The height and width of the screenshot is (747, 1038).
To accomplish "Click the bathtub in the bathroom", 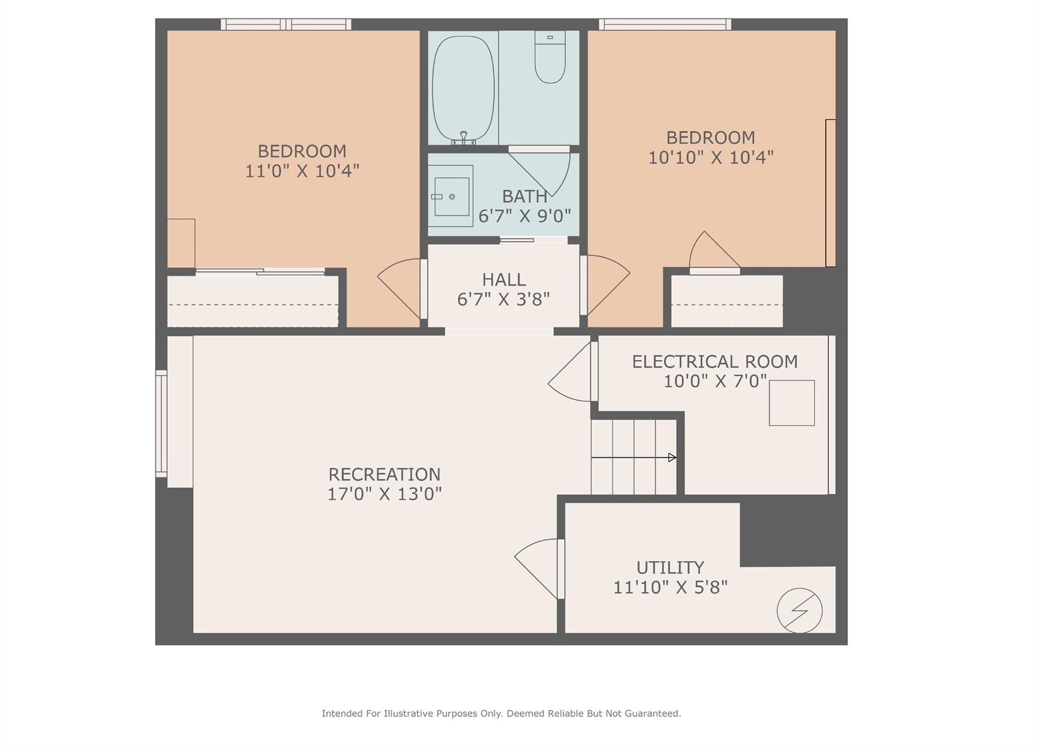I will coord(463,88).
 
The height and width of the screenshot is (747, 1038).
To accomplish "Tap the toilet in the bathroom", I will coord(550,58).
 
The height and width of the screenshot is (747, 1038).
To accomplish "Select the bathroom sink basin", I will coord(451,196).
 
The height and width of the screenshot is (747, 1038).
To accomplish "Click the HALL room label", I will coord(503,280).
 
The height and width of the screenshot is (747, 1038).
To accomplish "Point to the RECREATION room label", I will coord(384,474).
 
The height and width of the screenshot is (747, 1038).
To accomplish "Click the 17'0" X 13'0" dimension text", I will coord(384,494).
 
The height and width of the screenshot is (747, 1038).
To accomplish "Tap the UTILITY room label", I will coord(670,567).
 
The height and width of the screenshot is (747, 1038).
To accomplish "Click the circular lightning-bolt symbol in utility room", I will coord(799,610).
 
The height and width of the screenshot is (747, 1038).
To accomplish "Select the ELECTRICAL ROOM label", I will coord(715,362).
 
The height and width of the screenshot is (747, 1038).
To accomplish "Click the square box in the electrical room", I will coord(791,403).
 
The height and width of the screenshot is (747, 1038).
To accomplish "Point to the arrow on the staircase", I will coord(671,458).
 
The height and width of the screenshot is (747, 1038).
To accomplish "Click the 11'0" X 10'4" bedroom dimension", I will coord(302,171).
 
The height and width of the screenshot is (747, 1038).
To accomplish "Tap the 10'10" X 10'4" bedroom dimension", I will coord(711,158).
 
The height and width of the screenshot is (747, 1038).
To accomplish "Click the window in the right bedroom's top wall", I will coord(664,24).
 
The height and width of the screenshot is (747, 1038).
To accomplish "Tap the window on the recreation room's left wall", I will coord(161,424).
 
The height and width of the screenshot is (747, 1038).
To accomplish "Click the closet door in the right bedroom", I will coord(714,253).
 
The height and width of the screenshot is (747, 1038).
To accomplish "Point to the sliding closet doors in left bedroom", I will coord(260,272).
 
